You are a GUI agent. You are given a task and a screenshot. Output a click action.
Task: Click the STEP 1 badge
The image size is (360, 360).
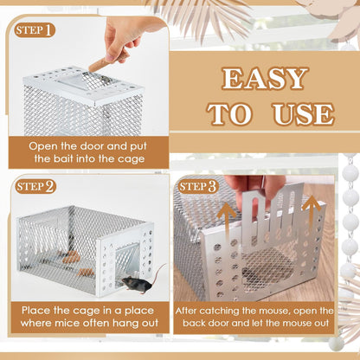point(35,30)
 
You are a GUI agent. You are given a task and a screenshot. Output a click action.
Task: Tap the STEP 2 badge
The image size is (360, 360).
point(35,186)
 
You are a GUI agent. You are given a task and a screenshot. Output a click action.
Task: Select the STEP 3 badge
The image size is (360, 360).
point(198,186)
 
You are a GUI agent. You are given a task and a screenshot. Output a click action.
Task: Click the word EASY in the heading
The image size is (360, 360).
point(264,80)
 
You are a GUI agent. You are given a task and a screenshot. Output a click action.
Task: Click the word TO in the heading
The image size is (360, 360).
point(228,113)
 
